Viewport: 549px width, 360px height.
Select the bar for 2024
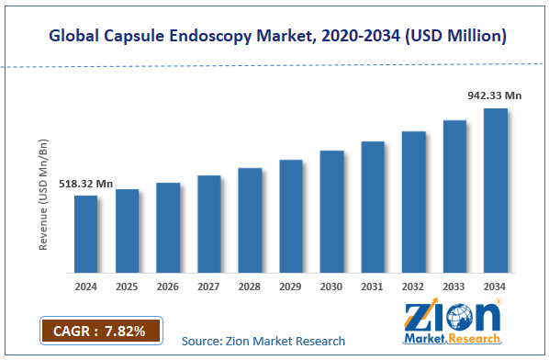click(x=85, y=234)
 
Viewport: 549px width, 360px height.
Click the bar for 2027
click(x=208, y=224)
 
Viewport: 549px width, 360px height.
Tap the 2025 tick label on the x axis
click(x=127, y=287)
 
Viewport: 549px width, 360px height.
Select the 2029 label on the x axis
click(x=291, y=287)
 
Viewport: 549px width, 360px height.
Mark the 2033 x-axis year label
click(x=455, y=287)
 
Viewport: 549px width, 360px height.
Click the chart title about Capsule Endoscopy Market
click(x=275, y=35)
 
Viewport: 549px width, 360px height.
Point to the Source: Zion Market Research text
click(x=263, y=341)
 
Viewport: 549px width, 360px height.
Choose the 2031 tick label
click(x=373, y=287)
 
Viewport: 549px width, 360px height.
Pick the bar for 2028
click(x=250, y=220)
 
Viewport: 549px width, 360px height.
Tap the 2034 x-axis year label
click(x=496, y=287)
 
